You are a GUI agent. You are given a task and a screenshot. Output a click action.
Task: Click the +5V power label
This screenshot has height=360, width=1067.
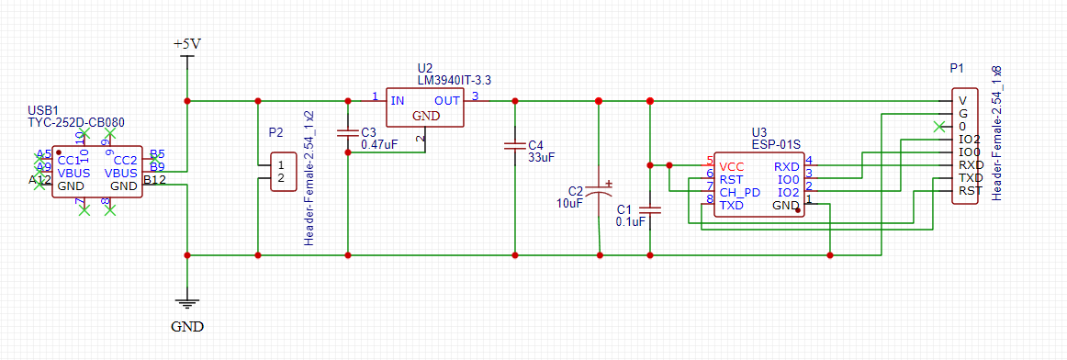click(186, 44)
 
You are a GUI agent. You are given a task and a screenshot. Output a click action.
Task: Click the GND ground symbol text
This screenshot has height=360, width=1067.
click(187, 326)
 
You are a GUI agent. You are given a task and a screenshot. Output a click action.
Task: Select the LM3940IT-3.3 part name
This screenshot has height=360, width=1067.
click(454, 81)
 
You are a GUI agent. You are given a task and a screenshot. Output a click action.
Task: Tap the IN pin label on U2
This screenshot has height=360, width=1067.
click(397, 99)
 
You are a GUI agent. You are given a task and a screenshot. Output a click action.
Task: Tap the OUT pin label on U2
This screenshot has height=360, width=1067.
click(447, 99)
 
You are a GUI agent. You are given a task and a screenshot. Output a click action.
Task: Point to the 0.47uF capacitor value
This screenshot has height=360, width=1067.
click(379, 144)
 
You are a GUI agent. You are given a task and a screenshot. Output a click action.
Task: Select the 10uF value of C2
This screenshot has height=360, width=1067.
click(569, 204)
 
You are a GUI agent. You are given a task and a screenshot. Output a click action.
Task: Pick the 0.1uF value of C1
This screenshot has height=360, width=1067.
click(633, 221)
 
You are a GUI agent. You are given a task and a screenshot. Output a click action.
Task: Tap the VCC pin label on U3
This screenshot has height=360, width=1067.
click(732, 166)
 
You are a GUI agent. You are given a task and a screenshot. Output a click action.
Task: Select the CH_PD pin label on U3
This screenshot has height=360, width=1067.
click(739, 193)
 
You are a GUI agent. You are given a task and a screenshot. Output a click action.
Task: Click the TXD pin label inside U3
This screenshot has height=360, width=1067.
click(732, 206)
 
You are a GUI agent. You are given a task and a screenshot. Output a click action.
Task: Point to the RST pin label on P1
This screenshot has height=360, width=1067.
click(971, 191)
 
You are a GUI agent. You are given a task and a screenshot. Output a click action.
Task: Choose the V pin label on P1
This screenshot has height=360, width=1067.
click(962, 101)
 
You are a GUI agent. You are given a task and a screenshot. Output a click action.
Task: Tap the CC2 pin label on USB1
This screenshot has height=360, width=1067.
click(125, 160)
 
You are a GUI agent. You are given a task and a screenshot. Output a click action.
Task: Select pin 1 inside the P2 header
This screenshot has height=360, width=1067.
click(280, 164)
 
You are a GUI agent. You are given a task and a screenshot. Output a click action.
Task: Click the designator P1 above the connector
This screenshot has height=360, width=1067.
click(957, 69)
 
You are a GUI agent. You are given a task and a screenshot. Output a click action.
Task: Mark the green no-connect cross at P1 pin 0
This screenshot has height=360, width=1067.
click(938, 126)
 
